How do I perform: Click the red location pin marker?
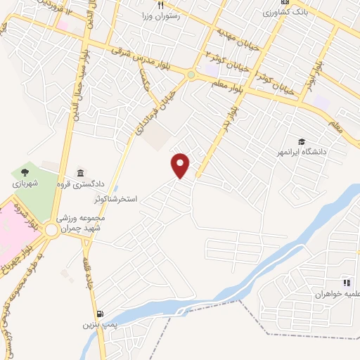tap(181, 165)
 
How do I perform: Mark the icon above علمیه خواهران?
tap(346, 282)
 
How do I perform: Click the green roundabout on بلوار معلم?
tap(191, 74)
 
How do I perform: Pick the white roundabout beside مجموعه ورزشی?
tap(52, 230)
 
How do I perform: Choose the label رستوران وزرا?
tap(160, 15)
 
